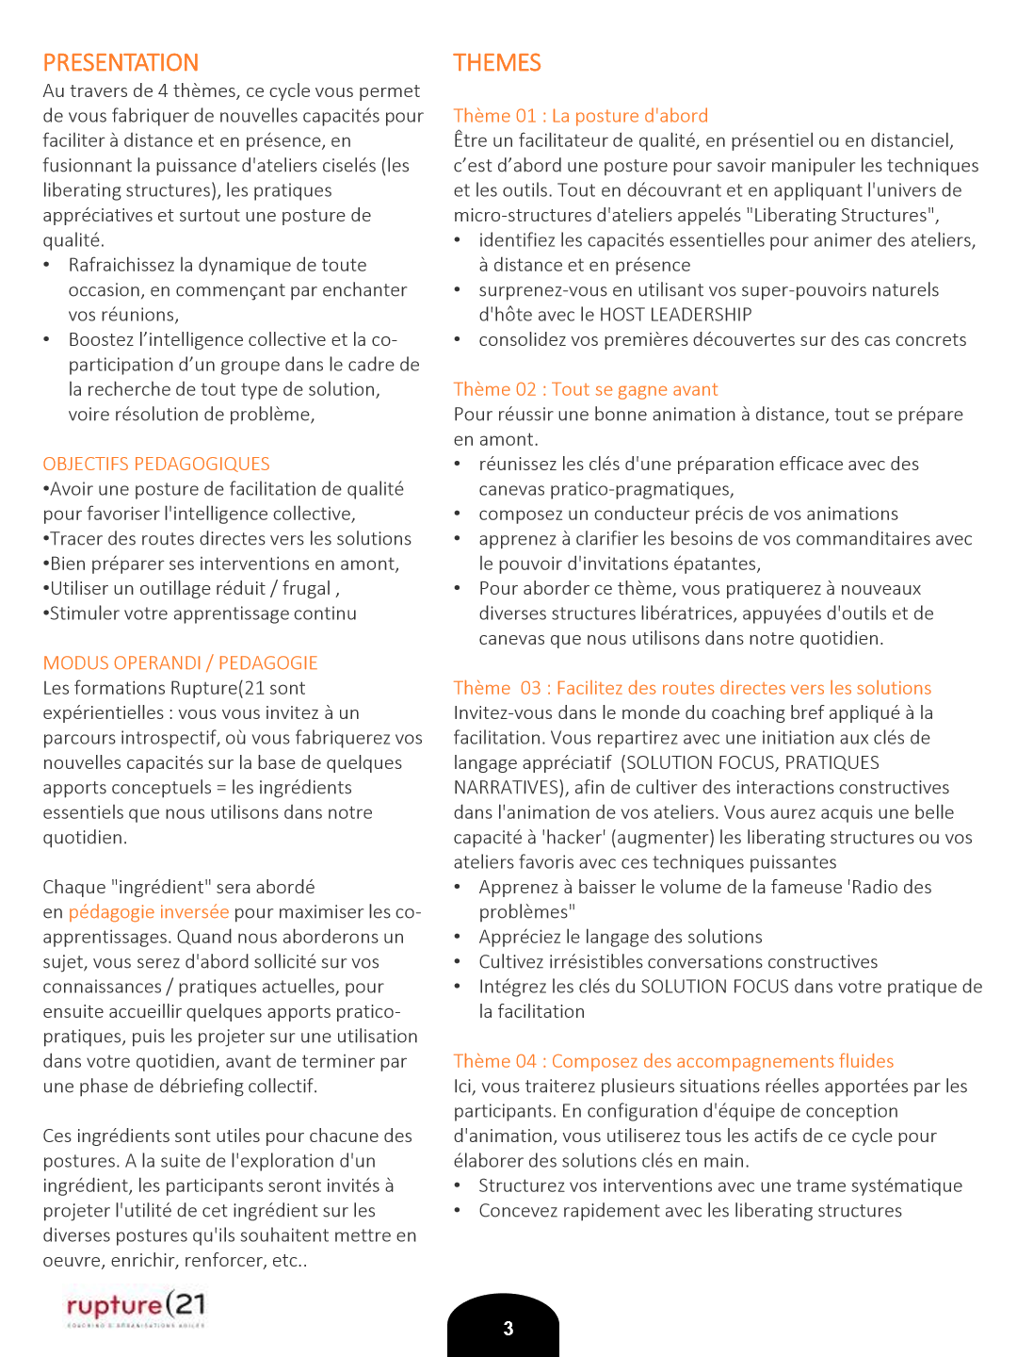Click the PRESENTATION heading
click(x=121, y=63)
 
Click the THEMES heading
click(x=496, y=63)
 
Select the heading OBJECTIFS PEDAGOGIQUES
click(x=156, y=464)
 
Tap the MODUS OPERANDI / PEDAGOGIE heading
click(x=180, y=662)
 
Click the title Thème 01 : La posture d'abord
click(x=580, y=116)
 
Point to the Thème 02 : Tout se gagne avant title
click(x=585, y=389)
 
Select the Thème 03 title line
click(x=692, y=688)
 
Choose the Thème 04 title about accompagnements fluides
click(x=673, y=1061)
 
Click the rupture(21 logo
click(x=136, y=1307)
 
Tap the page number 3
click(x=508, y=1329)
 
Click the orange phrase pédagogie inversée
click(x=149, y=911)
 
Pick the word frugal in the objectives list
click(x=307, y=588)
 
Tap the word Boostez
click(x=102, y=339)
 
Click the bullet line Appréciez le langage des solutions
click(x=620, y=937)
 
